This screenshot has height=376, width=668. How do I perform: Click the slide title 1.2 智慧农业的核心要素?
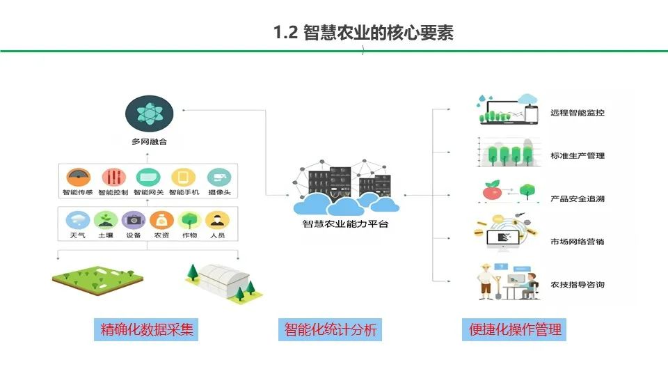pyautogui.click(x=364, y=32)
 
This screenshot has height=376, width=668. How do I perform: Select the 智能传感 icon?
pyautogui.click(x=79, y=177)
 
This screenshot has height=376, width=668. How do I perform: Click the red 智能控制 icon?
pyautogui.click(x=113, y=177)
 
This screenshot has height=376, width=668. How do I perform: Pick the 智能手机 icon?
pyautogui.click(x=184, y=177)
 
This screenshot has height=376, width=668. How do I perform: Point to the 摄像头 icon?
pyautogui.click(x=218, y=177)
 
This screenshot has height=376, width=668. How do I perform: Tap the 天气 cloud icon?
pyautogui.click(x=78, y=220)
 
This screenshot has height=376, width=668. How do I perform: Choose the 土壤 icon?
pyautogui.click(x=106, y=220)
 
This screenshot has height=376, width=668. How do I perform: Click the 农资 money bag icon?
pyautogui.click(x=161, y=220)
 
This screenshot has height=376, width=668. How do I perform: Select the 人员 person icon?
pyautogui.click(x=218, y=220)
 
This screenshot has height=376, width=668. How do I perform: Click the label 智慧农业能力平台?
pyautogui.click(x=346, y=224)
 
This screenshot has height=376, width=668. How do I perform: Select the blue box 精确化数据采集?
pyautogui.click(x=146, y=329)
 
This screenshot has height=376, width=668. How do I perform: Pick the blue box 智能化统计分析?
pyautogui.click(x=331, y=329)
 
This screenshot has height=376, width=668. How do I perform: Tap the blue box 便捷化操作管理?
pyautogui.click(x=514, y=329)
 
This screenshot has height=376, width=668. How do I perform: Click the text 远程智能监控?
pyautogui.click(x=577, y=112)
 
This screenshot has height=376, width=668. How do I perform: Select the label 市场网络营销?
pyautogui.click(x=577, y=242)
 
